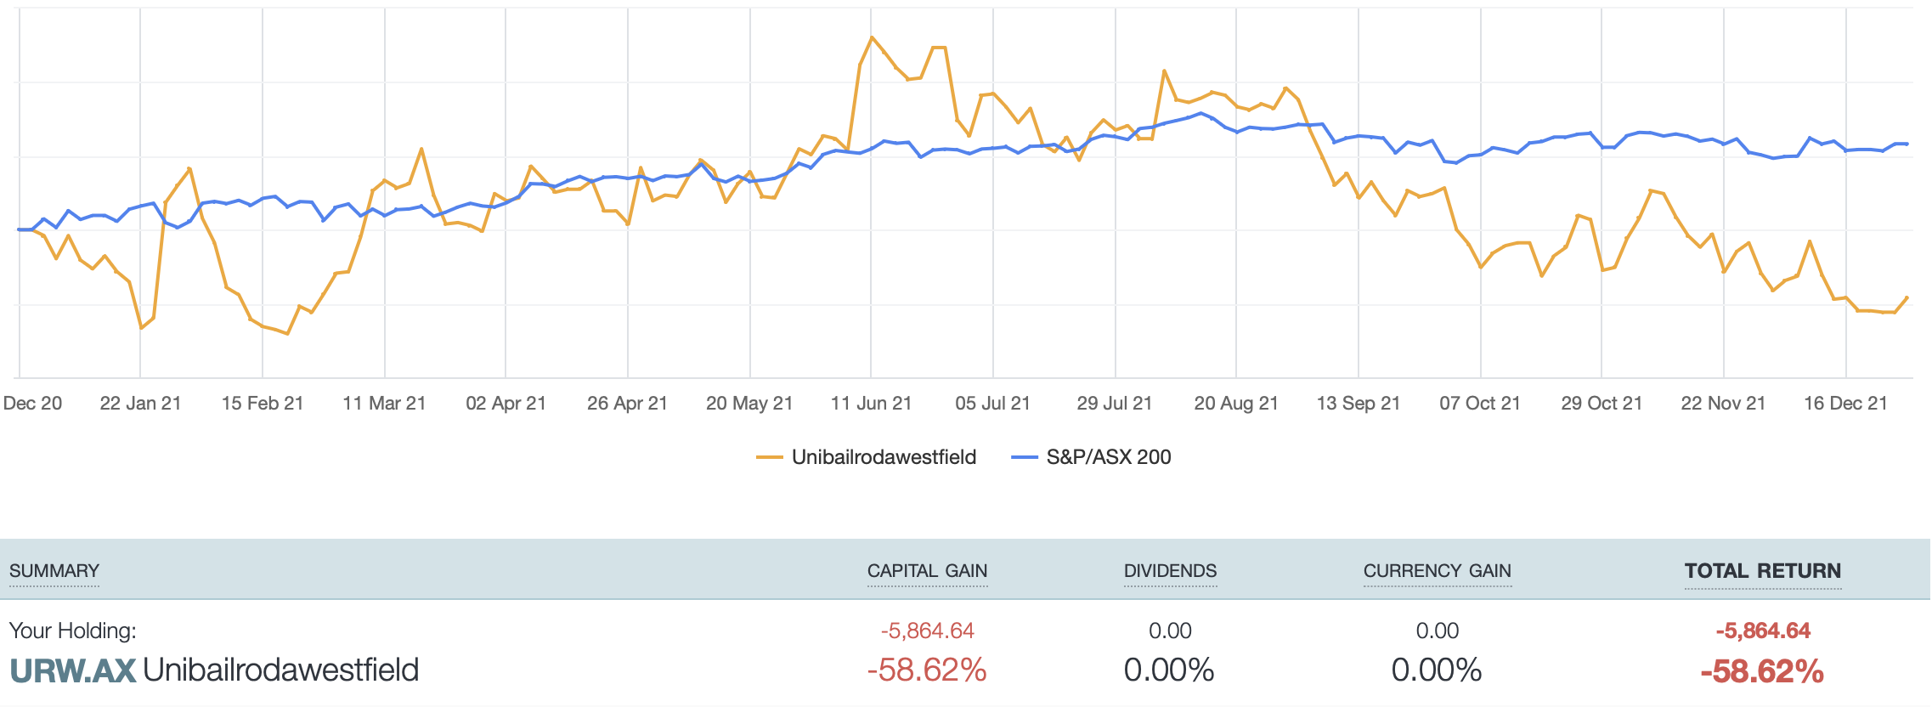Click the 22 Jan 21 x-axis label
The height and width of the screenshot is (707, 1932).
[141, 403]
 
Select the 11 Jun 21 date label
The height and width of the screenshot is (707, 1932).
[871, 403]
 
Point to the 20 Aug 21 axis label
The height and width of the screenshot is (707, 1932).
[1236, 403]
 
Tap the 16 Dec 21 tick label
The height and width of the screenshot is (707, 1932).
[1845, 403]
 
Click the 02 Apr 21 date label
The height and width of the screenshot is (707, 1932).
[506, 403]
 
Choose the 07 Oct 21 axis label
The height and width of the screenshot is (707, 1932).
[1479, 403]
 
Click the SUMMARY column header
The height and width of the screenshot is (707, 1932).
[54, 571]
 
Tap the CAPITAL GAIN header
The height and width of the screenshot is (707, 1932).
[927, 571]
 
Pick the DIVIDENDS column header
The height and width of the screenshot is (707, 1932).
[1170, 571]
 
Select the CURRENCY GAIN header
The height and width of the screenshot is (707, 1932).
[1437, 571]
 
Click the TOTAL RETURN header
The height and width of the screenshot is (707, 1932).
[1763, 571]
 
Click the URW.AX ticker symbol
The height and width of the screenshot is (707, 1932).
[72, 670]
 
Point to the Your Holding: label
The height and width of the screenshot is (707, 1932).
[72, 631]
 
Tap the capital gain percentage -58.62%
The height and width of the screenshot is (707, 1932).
[927, 670]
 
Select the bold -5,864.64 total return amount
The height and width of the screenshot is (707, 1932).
[1763, 631]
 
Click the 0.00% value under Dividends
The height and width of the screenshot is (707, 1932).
[1169, 670]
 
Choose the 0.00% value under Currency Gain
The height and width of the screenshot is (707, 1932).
[1437, 670]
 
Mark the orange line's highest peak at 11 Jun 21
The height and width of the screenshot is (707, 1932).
[872, 37]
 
